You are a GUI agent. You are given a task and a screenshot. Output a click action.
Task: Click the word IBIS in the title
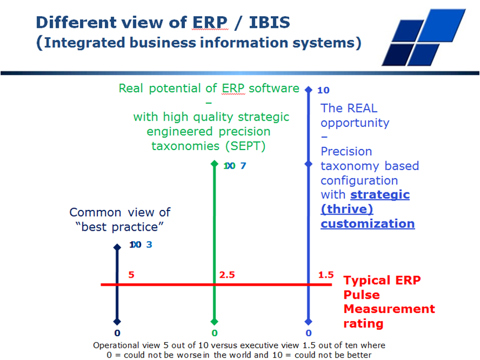pyautogui.click(x=270, y=23)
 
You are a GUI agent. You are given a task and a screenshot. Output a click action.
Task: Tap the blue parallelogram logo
pyautogui.click(x=424, y=37)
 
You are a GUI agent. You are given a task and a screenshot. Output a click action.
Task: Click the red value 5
pyautogui.click(x=132, y=275)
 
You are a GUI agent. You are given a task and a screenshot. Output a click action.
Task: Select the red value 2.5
pyautogui.click(x=227, y=275)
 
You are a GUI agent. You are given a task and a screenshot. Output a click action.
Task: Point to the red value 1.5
pyautogui.click(x=326, y=275)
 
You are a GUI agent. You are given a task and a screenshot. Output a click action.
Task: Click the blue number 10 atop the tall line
pyautogui.click(x=323, y=90)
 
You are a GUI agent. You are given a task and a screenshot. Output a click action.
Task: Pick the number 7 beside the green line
pyautogui.click(x=243, y=166)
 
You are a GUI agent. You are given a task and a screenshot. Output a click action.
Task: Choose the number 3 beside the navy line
pyautogui.click(x=149, y=245)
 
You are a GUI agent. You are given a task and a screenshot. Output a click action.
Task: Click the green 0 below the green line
pyautogui.click(x=214, y=333)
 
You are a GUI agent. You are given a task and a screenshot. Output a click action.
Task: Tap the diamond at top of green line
pyautogui.click(x=214, y=164)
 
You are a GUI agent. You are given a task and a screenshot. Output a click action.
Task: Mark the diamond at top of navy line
pyautogui.click(x=117, y=247)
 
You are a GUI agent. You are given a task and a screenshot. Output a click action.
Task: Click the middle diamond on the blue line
pyautogui.click(x=308, y=165)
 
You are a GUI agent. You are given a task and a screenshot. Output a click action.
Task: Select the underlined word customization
pyautogui.click(x=368, y=224)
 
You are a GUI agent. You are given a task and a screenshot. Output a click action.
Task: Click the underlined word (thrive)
pyautogui.click(x=347, y=209)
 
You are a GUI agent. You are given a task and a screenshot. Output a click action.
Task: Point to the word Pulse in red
pyautogui.click(x=362, y=295)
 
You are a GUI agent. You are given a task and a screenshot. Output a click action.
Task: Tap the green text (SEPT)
pyautogui.click(x=246, y=146)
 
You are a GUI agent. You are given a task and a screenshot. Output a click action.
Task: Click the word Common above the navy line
pyautogui.click(x=95, y=212)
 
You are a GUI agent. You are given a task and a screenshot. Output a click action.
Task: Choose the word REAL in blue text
pyautogui.click(x=362, y=108)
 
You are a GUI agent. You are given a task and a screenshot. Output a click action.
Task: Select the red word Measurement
pyautogui.click(x=389, y=309)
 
